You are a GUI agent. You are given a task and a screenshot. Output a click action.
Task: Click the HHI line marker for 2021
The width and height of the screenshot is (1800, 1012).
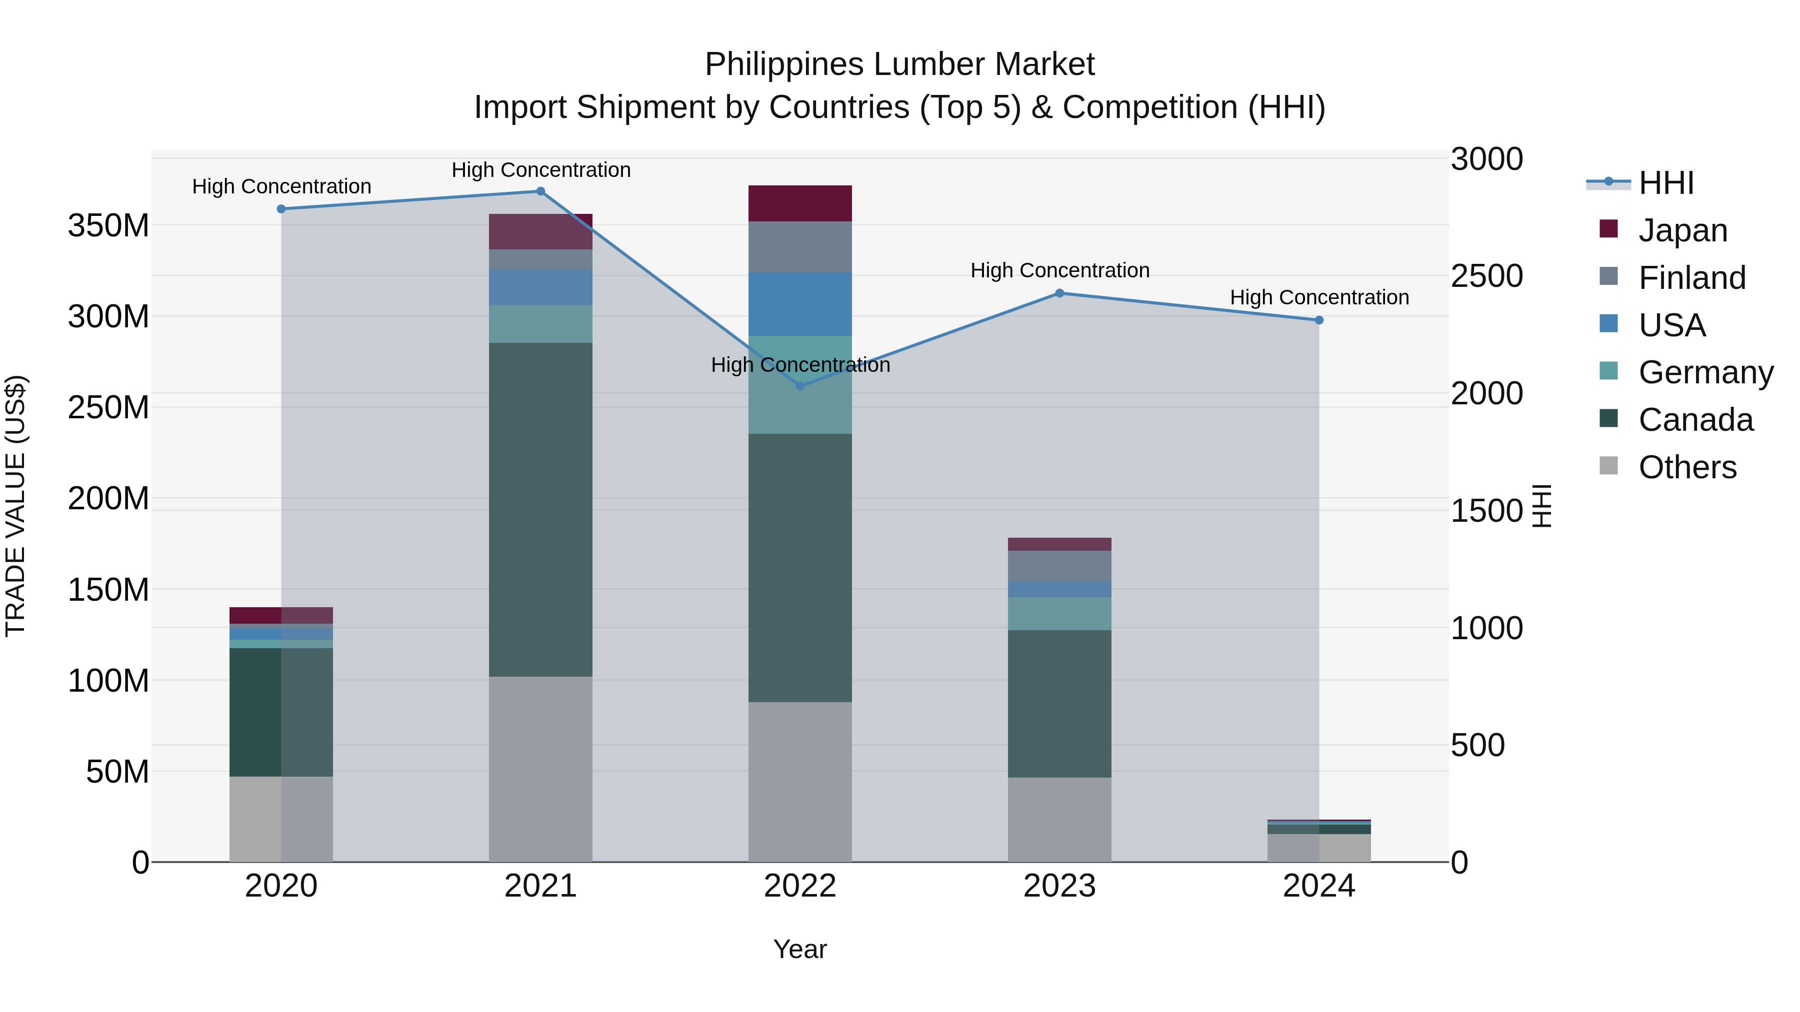(x=540, y=191)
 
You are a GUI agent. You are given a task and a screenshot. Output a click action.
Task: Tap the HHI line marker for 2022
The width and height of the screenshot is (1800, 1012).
(x=800, y=385)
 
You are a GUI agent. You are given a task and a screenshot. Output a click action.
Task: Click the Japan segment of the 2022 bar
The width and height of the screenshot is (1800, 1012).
(x=800, y=203)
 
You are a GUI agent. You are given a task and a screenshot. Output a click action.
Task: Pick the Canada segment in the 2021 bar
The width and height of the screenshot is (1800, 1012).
(x=540, y=509)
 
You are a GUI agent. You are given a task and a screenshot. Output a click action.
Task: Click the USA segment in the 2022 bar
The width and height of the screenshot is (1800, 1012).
(x=800, y=304)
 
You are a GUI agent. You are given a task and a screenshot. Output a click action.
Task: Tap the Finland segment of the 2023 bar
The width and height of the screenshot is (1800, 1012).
(x=1059, y=566)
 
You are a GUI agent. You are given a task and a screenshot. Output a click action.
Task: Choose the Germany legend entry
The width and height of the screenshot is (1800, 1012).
(x=1705, y=372)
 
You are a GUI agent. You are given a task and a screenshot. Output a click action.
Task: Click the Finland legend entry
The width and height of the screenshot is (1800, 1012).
(x=1691, y=278)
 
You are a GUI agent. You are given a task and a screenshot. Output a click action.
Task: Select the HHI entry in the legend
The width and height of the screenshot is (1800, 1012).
(x=1666, y=183)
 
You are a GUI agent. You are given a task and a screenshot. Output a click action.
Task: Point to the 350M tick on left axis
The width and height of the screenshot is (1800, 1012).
(x=108, y=225)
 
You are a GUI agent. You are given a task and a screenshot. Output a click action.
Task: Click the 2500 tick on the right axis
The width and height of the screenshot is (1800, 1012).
(x=1487, y=276)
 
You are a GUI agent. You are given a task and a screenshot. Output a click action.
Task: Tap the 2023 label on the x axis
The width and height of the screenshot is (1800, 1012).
(x=1059, y=886)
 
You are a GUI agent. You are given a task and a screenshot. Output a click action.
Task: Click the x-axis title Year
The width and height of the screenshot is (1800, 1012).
(x=800, y=949)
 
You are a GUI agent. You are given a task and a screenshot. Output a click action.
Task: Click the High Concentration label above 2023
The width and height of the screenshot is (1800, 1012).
(x=1059, y=270)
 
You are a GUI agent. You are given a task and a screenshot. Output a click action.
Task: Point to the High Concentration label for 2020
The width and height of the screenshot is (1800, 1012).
(x=281, y=186)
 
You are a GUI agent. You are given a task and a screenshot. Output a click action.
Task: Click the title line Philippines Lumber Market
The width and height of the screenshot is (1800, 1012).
(x=899, y=64)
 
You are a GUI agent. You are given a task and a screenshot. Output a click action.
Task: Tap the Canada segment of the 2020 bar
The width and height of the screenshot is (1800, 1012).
(x=281, y=712)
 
